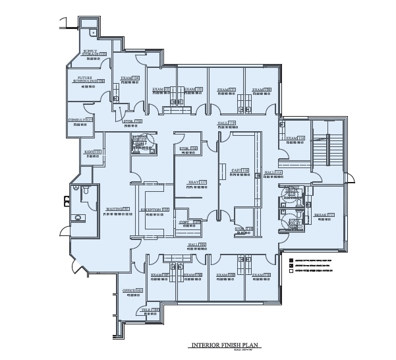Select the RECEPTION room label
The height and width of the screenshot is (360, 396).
155,209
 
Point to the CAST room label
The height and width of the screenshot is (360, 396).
240,170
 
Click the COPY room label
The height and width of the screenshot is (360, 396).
190,222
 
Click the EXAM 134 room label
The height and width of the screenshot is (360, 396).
130,78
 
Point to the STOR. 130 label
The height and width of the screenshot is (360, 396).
132,121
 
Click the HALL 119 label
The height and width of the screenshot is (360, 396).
227,123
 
